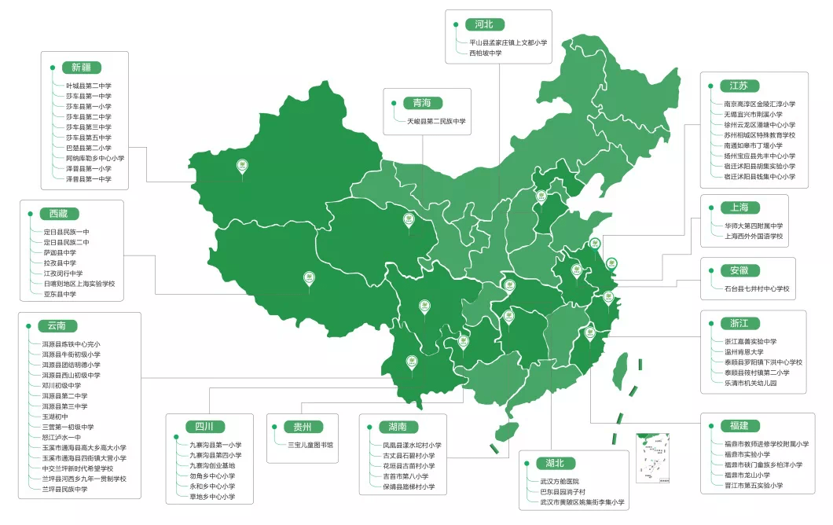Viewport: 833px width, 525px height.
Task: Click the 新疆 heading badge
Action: coord(81,68)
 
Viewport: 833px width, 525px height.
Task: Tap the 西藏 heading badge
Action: coord(59,214)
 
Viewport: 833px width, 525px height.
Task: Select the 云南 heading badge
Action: coord(57,325)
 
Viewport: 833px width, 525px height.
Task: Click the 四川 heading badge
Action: coord(204,427)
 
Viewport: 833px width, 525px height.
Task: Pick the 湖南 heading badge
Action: coord(397,427)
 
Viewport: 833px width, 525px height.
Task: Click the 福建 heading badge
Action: coord(739,426)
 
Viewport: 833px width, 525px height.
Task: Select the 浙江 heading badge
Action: coord(739,323)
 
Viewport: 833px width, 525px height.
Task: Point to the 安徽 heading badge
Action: coord(739,270)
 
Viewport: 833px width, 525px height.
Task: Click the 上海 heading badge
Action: coord(739,208)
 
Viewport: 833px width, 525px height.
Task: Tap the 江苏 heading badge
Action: coord(739,86)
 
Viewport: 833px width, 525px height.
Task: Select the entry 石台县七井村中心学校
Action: coord(756,289)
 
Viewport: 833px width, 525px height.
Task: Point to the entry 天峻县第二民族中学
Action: coord(436,122)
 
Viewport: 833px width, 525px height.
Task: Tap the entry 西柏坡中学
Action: coord(485,53)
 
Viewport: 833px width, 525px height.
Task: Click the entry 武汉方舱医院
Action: coord(559,481)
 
